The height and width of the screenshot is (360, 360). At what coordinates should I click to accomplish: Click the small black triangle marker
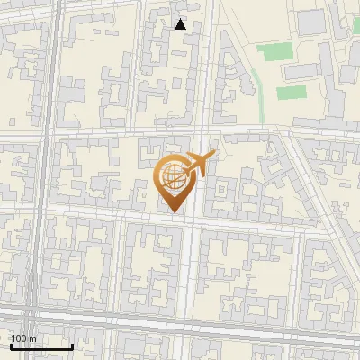coord(181,24)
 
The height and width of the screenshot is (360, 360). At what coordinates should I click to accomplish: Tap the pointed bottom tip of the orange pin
coord(174,212)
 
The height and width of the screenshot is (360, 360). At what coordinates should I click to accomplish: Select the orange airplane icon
coord(197,166)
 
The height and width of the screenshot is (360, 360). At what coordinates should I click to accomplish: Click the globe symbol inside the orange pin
coord(172,178)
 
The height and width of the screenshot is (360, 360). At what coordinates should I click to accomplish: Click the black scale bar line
coord(41,347)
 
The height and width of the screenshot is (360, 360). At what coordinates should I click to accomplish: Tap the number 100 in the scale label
coord(18,339)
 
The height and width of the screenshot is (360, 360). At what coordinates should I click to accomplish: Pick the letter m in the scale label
coord(31,339)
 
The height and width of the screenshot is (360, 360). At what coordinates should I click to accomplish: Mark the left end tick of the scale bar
coord(11,346)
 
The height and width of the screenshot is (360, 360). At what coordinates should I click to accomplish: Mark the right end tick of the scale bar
coord(72,346)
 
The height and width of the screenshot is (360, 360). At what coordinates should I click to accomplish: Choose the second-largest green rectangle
coord(290,92)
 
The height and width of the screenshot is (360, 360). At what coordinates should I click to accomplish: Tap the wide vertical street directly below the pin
coord(190,270)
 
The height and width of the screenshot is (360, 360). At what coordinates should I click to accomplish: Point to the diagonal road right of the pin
coord(306,180)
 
